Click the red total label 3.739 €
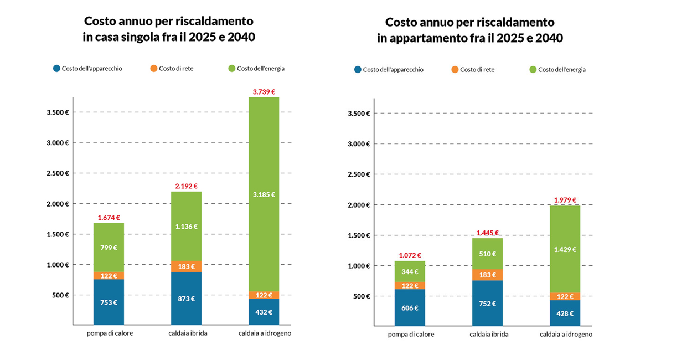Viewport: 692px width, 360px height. point(264,92)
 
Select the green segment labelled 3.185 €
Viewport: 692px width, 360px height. point(264,194)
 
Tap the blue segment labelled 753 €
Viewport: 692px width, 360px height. point(109,302)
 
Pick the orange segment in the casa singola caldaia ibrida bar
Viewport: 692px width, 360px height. point(186,266)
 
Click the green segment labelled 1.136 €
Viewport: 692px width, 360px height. point(186,226)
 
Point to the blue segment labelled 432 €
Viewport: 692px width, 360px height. point(264,312)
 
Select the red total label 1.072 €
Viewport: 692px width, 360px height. point(410,255)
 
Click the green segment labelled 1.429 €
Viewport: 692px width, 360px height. point(565,249)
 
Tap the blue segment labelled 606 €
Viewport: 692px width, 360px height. point(410,308)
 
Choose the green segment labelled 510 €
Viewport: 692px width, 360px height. point(487,254)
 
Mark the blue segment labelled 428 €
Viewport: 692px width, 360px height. point(565,313)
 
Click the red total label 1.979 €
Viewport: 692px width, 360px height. point(565,200)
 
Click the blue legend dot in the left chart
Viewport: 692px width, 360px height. point(56,69)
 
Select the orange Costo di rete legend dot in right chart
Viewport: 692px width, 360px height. point(455,70)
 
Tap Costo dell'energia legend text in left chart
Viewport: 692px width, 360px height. point(260,69)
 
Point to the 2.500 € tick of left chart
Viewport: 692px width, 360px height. point(58,173)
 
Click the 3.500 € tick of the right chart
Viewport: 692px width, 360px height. point(359,114)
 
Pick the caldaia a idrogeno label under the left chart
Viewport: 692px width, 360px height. point(264,333)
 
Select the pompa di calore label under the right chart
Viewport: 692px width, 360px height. point(411,335)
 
